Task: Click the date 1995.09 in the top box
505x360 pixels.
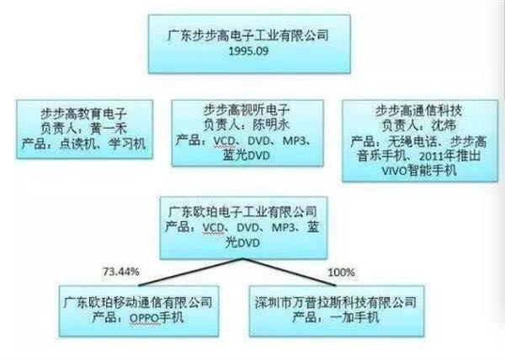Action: (x=248, y=51)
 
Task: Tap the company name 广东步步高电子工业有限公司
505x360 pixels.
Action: (x=248, y=35)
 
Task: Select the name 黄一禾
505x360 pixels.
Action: (x=109, y=129)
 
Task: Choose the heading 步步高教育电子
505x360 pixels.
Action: (x=83, y=114)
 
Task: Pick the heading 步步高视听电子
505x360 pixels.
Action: (x=247, y=109)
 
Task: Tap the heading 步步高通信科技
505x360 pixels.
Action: (x=419, y=110)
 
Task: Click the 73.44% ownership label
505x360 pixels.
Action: (x=121, y=272)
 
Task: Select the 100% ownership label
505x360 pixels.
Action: (x=342, y=273)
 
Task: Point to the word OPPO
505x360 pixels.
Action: (x=145, y=318)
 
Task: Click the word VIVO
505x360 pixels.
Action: (x=395, y=171)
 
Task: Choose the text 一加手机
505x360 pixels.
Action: (x=354, y=318)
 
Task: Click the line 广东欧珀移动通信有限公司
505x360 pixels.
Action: (x=138, y=303)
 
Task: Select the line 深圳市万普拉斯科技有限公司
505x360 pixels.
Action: (x=336, y=303)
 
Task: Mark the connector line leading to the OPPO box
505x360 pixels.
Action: (x=191, y=272)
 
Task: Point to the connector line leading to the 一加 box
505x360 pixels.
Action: (x=290, y=272)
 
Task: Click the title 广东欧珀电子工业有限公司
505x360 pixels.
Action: (x=243, y=212)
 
